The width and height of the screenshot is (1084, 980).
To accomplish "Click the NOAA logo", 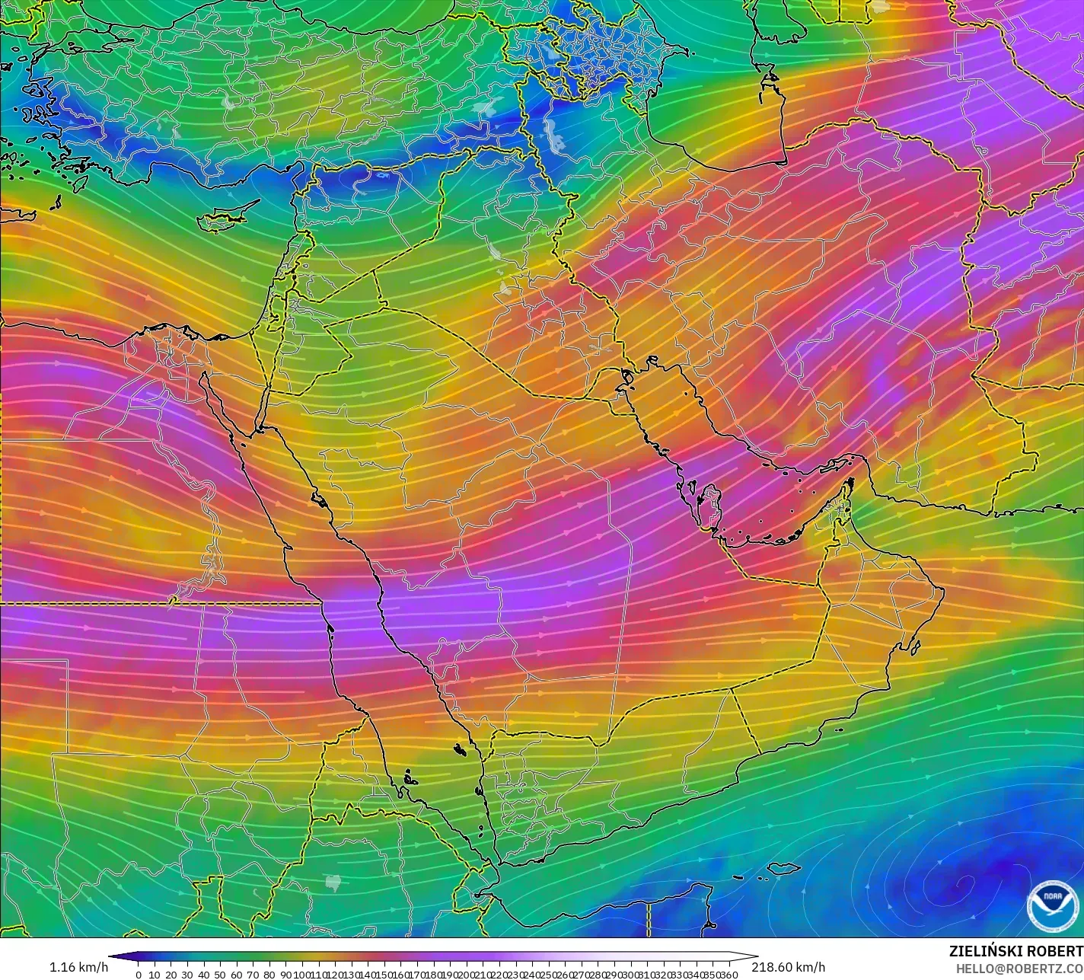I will (1052, 905).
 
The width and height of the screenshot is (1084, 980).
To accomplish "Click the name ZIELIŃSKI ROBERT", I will (1015, 951).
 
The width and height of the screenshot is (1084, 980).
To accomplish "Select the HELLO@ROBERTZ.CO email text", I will (1019, 968).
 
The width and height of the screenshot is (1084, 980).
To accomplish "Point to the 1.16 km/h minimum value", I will (79, 967).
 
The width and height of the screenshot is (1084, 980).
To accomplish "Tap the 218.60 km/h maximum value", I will (789, 967).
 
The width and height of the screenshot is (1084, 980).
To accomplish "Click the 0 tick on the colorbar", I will (138, 974).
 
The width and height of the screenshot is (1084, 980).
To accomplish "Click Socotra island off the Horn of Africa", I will (784, 868).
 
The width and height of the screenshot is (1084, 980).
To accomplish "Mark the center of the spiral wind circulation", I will (963, 883).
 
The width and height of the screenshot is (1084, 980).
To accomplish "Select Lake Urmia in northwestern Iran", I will (553, 135).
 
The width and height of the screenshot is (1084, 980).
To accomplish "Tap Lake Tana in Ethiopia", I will (332, 882).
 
